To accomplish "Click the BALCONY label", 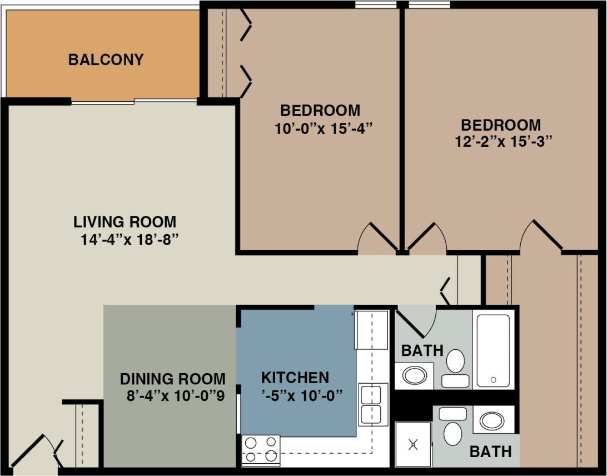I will pos(106,59).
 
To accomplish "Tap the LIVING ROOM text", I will pos(125,222).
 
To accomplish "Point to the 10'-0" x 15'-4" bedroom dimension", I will pos(322,128).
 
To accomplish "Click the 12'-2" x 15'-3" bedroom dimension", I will pos(503,141).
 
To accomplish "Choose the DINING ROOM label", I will pos(172,379).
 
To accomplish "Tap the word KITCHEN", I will pos(295,378).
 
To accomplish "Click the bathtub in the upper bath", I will pos(493,350).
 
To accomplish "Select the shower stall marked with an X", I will pos(413,444).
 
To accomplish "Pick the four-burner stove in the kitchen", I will pos(261,449).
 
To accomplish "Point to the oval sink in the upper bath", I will pos(414,376).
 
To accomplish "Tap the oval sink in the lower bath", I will pos(492,420).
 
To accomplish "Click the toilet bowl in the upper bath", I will pos(456,361).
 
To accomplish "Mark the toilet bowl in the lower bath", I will pos(452,433).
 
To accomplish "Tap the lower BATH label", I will pos(490,452).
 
